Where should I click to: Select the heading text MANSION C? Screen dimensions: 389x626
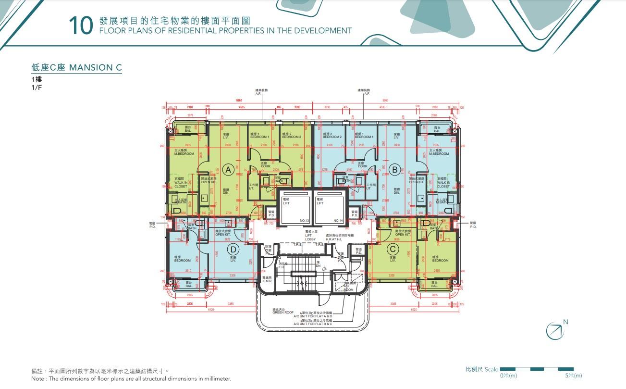click(95, 67)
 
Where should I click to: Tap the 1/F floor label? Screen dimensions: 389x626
click(37, 88)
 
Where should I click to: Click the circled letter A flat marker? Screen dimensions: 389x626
click(229, 169)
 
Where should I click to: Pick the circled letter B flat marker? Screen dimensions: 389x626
click(395, 169)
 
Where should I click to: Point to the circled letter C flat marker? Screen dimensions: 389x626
click(393, 249)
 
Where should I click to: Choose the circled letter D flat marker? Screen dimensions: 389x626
click(233, 249)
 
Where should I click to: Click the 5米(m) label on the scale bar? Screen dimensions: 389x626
click(573, 375)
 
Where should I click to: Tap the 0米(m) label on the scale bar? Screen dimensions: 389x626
click(508, 375)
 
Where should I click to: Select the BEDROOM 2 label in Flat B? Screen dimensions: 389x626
click(332, 136)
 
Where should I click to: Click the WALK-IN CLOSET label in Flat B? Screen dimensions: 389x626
click(443, 185)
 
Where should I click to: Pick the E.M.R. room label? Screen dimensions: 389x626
click(267, 280)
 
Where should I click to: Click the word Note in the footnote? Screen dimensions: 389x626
click(39, 379)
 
